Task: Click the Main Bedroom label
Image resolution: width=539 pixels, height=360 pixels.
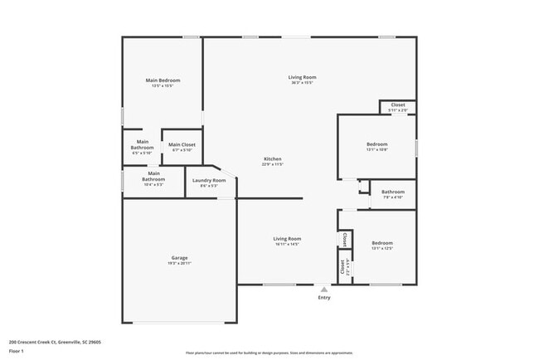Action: pos(163,80)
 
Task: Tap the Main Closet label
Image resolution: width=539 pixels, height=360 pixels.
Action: pos(182,145)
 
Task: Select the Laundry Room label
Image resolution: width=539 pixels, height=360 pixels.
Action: pos(209,180)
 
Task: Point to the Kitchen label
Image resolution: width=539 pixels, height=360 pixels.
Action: pos(273,158)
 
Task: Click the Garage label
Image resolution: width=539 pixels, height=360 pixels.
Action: pos(179,258)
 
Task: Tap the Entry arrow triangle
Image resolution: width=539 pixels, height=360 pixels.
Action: pos(323,289)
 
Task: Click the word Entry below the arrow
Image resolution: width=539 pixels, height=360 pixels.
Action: pos(323,298)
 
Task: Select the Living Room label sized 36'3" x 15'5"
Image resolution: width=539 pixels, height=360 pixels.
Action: pos(303,77)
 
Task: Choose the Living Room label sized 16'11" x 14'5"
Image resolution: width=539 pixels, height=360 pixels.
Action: pos(287,239)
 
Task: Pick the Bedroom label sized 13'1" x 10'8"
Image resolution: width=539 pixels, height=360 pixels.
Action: pos(376,144)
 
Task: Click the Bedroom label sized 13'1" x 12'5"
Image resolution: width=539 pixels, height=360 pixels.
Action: pos(381,243)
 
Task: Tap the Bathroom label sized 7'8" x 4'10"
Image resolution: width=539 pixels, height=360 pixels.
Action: pos(393,192)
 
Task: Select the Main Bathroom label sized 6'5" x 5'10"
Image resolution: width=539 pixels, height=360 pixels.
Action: pos(143,145)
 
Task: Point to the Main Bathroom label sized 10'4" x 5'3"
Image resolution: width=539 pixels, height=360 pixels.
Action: pos(153,176)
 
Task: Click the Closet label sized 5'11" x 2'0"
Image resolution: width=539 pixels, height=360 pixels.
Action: pos(398,105)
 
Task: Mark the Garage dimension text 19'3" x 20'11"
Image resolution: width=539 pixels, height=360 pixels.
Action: pos(179,263)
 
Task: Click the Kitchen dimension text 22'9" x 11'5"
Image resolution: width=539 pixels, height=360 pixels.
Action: pos(273,164)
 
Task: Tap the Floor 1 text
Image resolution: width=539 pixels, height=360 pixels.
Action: pos(17,351)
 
